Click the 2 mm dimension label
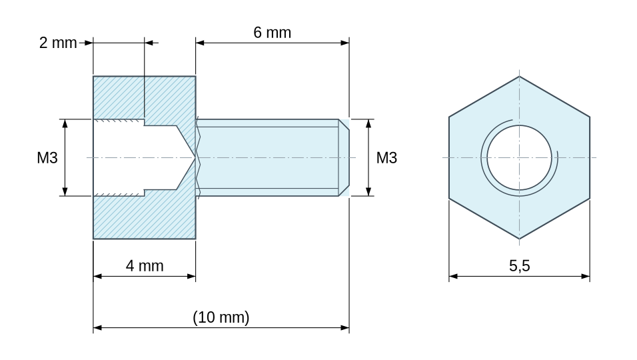point(58,43)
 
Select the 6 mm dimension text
point(272,33)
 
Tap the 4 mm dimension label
point(145,266)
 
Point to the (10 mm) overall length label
point(221,317)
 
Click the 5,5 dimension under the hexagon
point(520,266)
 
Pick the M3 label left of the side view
point(47,157)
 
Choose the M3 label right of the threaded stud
point(386,157)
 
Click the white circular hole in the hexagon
point(519,157)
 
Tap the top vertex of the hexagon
point(519,77)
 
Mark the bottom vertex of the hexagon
point(519,239)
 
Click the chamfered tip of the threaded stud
point(344,157)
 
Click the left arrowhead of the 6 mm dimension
point(199,43)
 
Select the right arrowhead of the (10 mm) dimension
point(345,327)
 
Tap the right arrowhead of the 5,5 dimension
point(586,276)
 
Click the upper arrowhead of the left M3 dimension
point(65,123)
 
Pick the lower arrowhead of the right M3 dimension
point(368,191)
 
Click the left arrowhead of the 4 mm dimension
point(97,276)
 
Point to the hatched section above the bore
point(144,97)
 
